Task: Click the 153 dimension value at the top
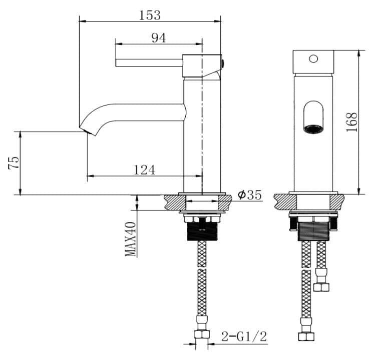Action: [150, 15]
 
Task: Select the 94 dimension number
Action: [159, 38]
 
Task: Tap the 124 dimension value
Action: [144, 170]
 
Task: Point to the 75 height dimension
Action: [15, 163]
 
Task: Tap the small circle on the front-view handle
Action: [313, 59]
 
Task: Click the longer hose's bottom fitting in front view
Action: [303, 336]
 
